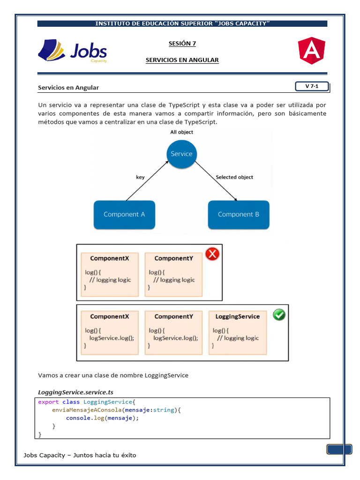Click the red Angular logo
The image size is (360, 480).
311,51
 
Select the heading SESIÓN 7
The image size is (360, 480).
182,44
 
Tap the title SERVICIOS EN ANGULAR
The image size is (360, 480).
182,60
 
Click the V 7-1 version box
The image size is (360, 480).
311,86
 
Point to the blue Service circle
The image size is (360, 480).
181,154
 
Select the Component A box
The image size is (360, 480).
124,215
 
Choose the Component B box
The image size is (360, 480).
239,215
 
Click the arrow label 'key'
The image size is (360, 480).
140,177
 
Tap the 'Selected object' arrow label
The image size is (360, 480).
234,177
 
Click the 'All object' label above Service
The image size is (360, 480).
181,132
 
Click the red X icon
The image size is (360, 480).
212,254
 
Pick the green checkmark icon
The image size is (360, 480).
279,315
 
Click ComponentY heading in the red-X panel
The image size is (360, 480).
173,258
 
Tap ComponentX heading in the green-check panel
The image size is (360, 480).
110,316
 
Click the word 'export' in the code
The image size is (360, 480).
48,402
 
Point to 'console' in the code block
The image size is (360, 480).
78,418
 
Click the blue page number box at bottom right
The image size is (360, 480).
339,450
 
